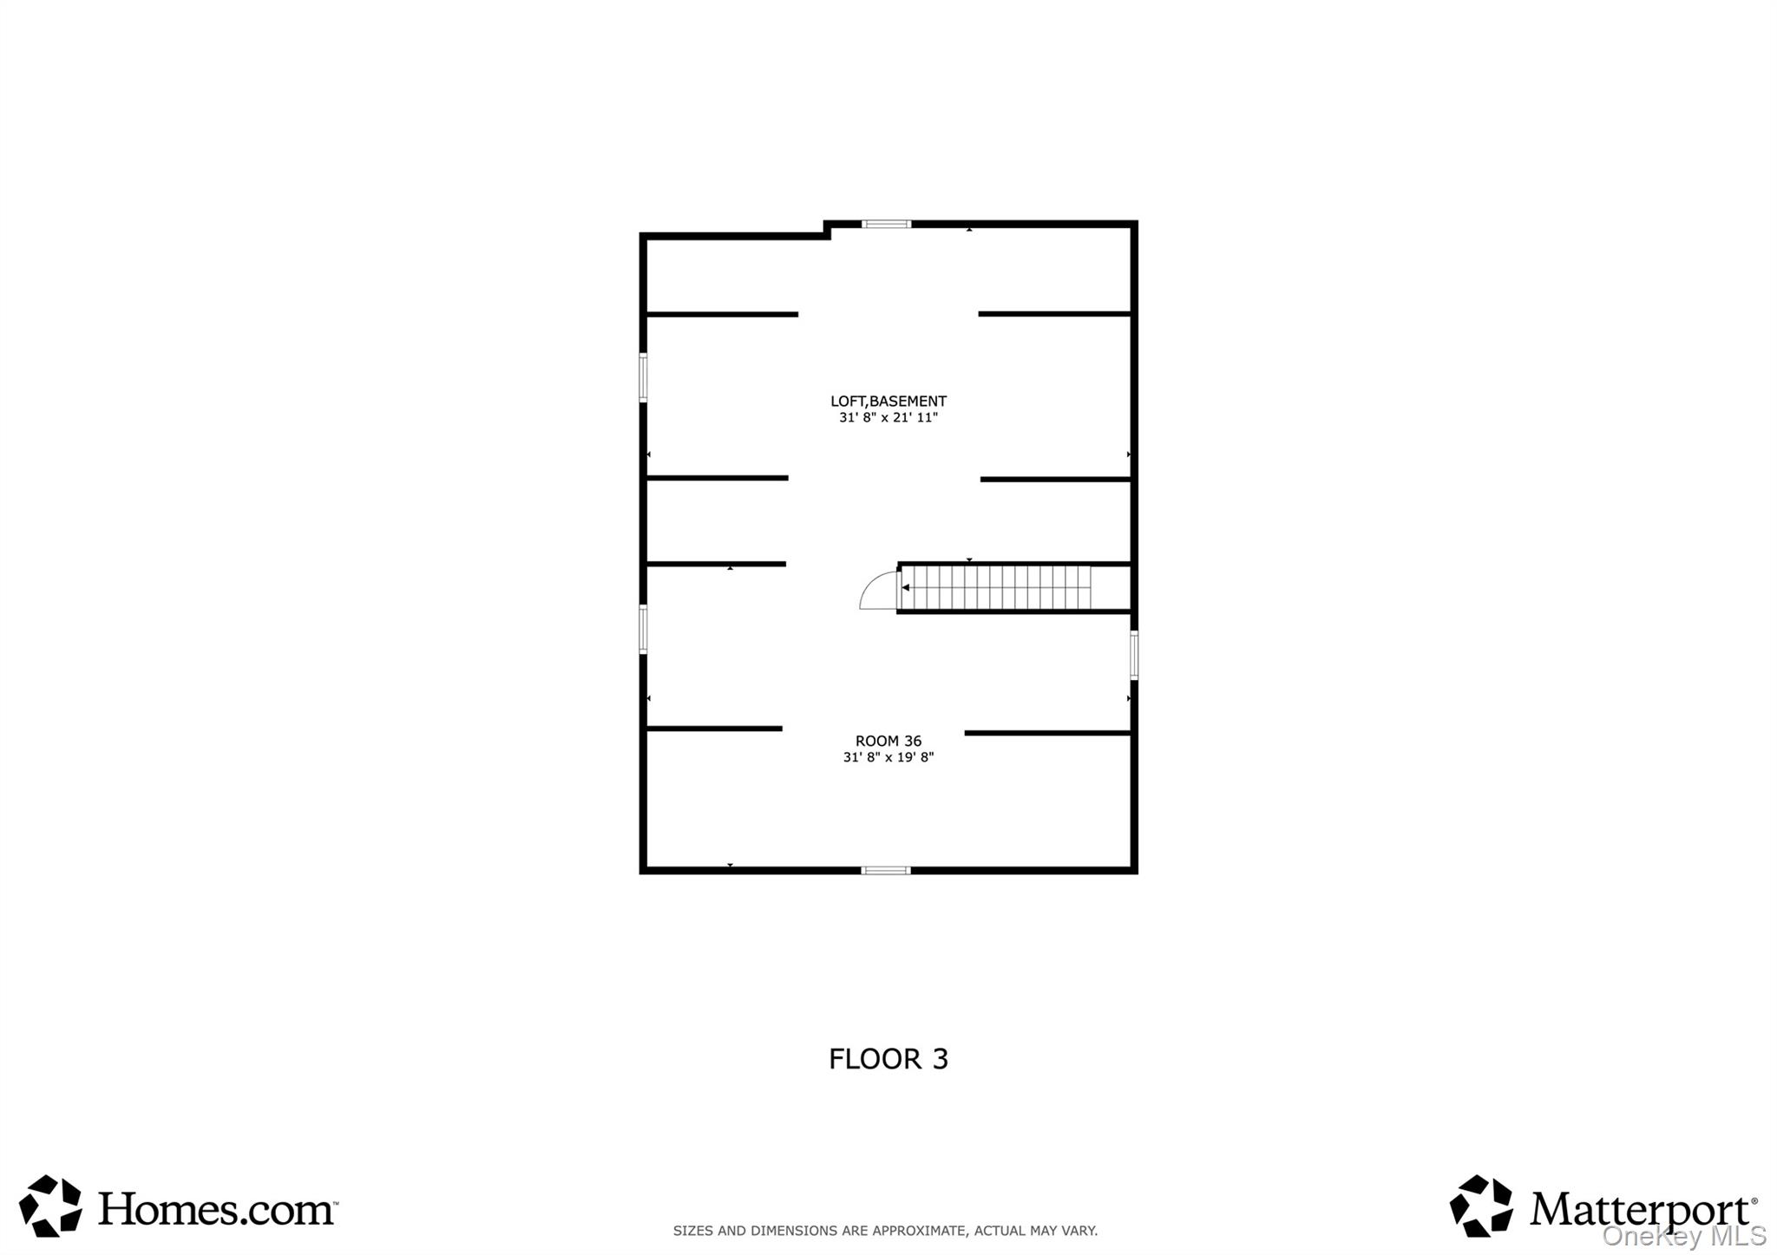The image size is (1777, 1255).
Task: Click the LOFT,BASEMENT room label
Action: coord(888,401)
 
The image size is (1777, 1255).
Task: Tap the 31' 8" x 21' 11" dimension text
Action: coord(888,417)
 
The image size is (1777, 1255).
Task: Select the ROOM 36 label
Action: coord(888,741)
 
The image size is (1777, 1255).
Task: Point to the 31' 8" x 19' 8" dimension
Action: coord(888,757)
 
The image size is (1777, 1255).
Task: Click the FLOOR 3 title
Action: coord(888,1059)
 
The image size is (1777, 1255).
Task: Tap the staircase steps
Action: coord(995,588)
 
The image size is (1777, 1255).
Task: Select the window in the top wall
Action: coord(886,224)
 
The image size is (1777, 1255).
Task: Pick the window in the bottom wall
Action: coord(886,870)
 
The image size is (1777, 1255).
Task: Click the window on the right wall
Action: coord(1134,655)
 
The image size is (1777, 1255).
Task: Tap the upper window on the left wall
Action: coord(643,377)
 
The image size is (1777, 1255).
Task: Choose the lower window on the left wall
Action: coord(643,629)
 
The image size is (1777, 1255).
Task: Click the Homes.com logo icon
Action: coord(50,1206)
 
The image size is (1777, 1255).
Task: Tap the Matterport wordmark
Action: coord(1643,1210)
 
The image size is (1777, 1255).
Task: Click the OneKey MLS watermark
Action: coord(1684,1236)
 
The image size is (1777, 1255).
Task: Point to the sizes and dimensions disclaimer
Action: coord(885,1230)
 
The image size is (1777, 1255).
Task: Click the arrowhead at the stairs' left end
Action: coord(906,588)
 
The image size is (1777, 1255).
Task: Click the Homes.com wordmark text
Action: coord(217,1207)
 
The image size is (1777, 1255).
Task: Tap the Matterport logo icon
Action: coord(1481,1206)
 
